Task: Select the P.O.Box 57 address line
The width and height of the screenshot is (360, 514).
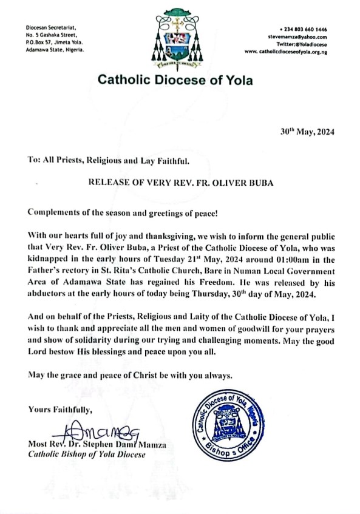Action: point(54,43)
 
